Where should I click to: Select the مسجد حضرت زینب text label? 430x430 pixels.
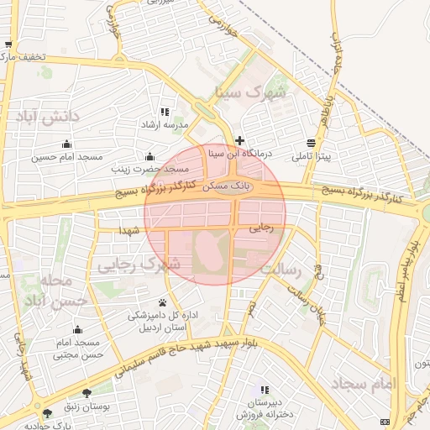tap(152, 170)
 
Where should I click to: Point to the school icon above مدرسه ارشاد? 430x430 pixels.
tap(165, 112)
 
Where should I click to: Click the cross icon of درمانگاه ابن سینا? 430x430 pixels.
tap(240, 140)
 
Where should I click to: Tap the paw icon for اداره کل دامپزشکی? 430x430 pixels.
tap(161, 302)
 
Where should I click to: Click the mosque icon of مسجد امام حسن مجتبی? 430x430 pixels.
tap(77, 329)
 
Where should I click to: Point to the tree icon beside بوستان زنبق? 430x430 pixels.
tap(87, 393)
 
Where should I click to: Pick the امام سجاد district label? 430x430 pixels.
tap(363, 383)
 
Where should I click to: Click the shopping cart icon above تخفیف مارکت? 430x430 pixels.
tap(8, 45)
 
